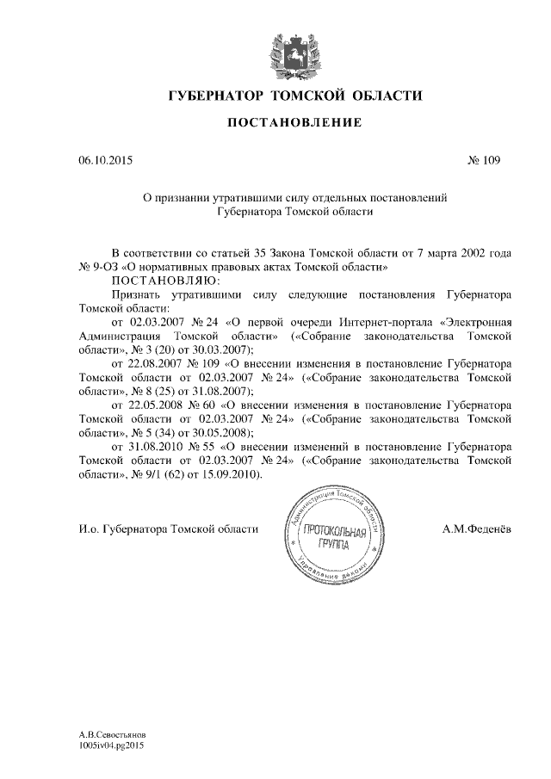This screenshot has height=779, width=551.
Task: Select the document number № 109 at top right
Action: point(483,160)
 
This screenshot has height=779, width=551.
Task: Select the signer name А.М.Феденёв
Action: point(476,529)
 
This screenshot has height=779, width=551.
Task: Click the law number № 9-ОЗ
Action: point(94,267)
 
